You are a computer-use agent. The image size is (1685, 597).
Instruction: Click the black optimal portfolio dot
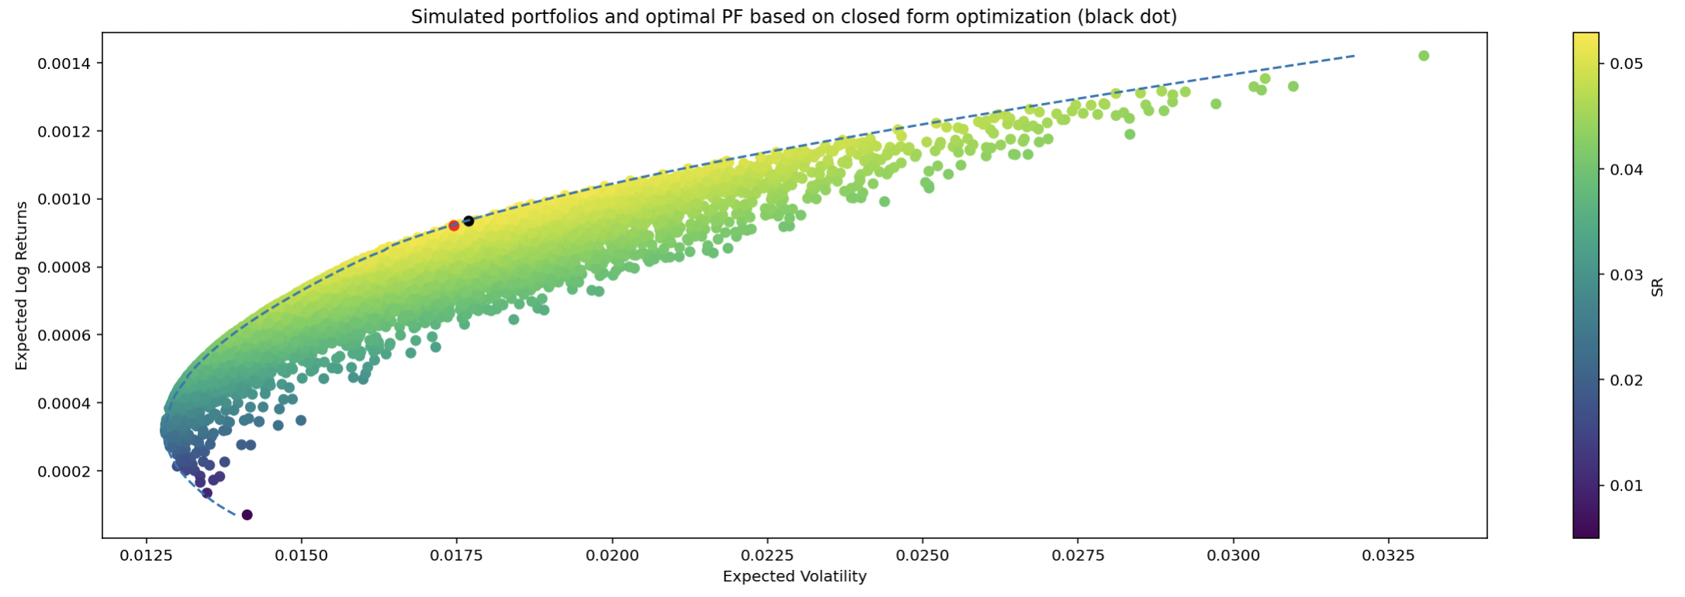pos(469,221)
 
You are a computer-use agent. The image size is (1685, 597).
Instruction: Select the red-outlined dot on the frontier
pos(454,226)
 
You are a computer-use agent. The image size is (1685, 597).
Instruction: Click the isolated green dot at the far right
pos(1424,56)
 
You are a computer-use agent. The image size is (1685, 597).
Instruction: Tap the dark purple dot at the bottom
pos(247,515)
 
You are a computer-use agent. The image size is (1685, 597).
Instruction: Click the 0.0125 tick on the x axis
pos(146,555)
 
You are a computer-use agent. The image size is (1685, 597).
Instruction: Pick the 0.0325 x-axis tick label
pos(1388,555)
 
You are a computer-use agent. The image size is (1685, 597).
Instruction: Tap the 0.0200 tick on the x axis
pos(612,555)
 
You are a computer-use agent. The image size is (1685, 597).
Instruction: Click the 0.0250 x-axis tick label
pos(922,555)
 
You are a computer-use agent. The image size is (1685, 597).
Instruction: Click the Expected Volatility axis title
pos(794,577)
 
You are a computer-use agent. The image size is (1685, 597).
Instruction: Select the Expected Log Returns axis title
pos(22,285)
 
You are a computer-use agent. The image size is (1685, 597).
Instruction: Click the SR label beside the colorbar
pos(1657,286)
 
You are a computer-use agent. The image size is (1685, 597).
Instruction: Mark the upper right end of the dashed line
pos(1355,56)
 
